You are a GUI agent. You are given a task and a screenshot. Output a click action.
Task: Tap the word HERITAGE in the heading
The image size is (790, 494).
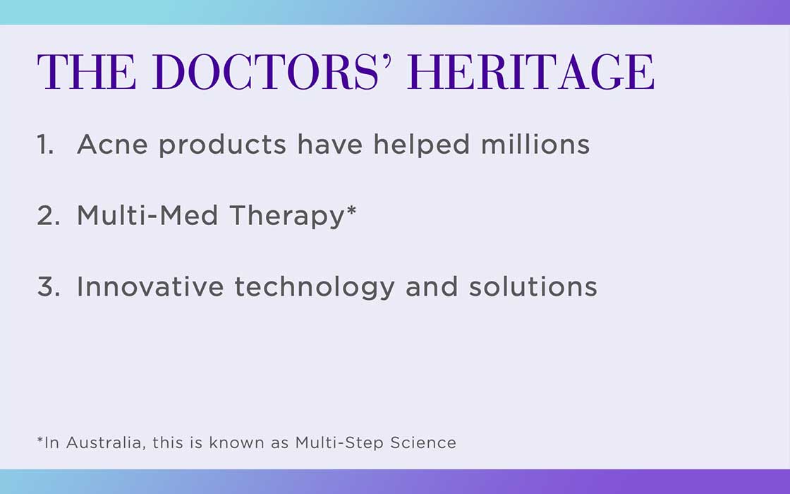click(x=532, y=72)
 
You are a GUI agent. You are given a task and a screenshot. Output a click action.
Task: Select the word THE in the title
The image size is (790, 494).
click(x=87, y=72)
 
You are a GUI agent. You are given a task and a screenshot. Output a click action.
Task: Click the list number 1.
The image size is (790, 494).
click(x=45, y=145)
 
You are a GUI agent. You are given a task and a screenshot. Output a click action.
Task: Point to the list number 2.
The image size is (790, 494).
click(x=49, y=216)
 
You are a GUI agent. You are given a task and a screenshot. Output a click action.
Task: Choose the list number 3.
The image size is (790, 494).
click(x=49, y=287)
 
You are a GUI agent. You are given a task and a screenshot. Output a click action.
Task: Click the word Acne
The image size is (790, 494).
click(x=112, y=145)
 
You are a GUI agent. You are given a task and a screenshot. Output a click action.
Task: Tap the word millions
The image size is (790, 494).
click(x=535, y=144)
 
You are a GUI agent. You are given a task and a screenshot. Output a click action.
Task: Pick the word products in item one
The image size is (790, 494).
click(x=223, y=145)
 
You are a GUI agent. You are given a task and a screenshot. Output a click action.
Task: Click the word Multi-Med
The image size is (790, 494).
click(x=147, y=215)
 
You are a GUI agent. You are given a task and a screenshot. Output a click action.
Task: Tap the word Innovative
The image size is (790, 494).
click(x=150, y=287)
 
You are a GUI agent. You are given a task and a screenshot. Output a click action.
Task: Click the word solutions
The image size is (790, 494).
click(x=533, y=287)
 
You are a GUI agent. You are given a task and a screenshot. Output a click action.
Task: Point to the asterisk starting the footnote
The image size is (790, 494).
click(x=40, y=440)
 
